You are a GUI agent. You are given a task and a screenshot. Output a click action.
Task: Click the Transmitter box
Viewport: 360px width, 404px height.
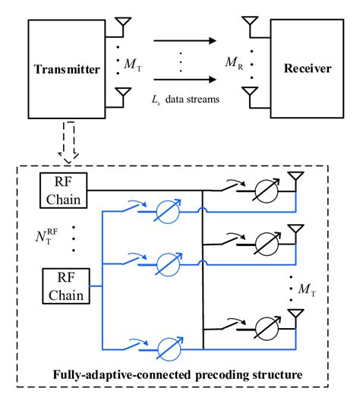[68, 70]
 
